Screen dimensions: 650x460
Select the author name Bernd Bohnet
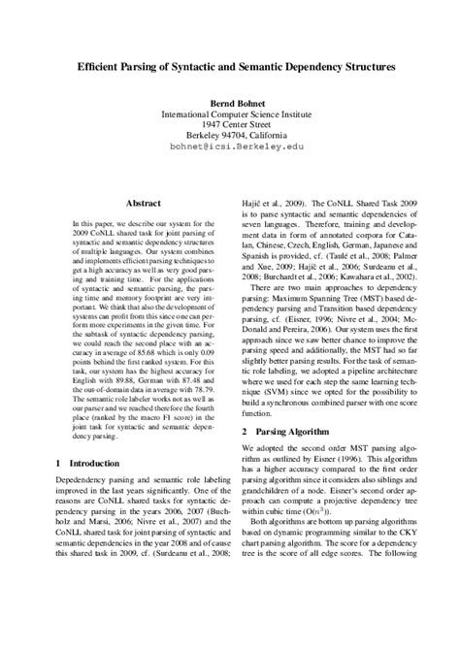pyautogui.click(x=230, y=102)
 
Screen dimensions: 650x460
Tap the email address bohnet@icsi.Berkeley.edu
pyautogui.click(x=230, y=149)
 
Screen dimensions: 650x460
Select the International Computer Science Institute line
pyautogui.click(x=230, y=114)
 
